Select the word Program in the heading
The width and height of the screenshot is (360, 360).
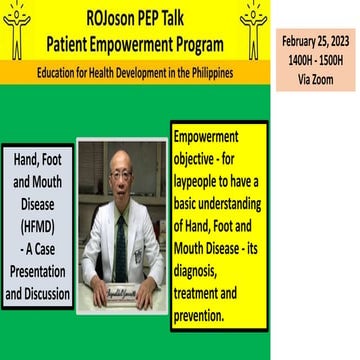[x=193, y=42]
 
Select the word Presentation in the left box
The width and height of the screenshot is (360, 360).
[x=40, y=275]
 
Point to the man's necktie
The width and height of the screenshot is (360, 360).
[x=121, y=240]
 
